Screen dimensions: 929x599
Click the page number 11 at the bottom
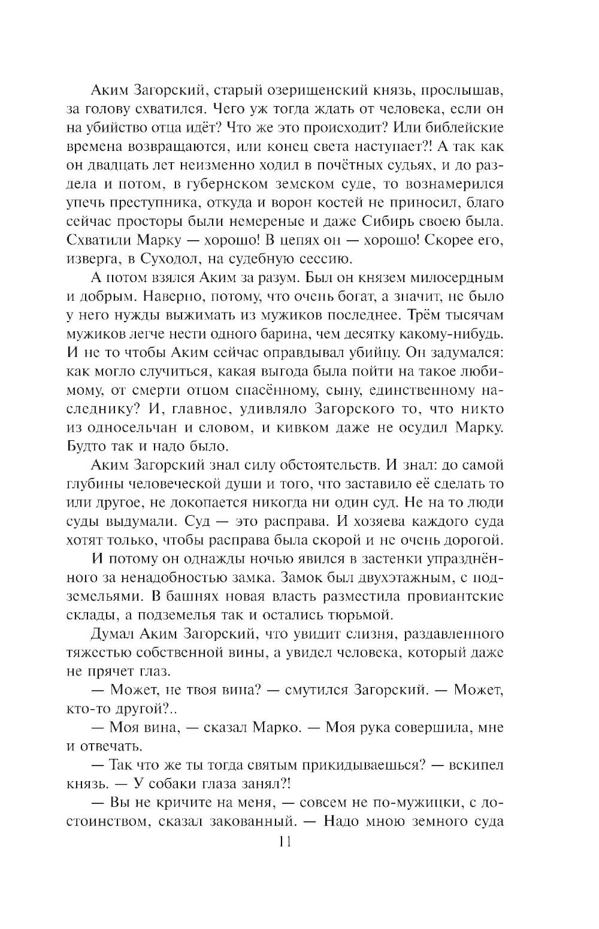click(x=284, y=842)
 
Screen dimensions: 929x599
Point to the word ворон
click(x=326, y=203)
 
